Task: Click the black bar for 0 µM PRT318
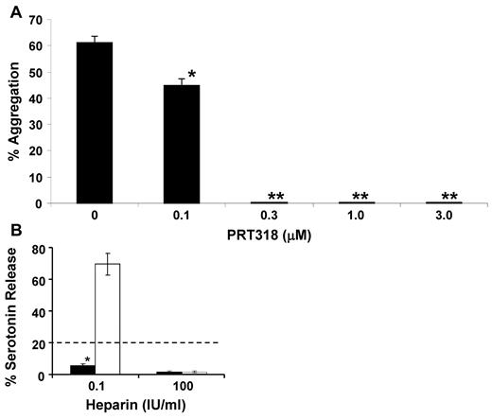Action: (94, 123)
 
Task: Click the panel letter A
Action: (9, 9)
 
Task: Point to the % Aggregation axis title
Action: (12, 109)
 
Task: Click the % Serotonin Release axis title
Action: (12, 312)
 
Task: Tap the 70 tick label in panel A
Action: (36, 18)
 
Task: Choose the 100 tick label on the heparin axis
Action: (174, 390)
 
